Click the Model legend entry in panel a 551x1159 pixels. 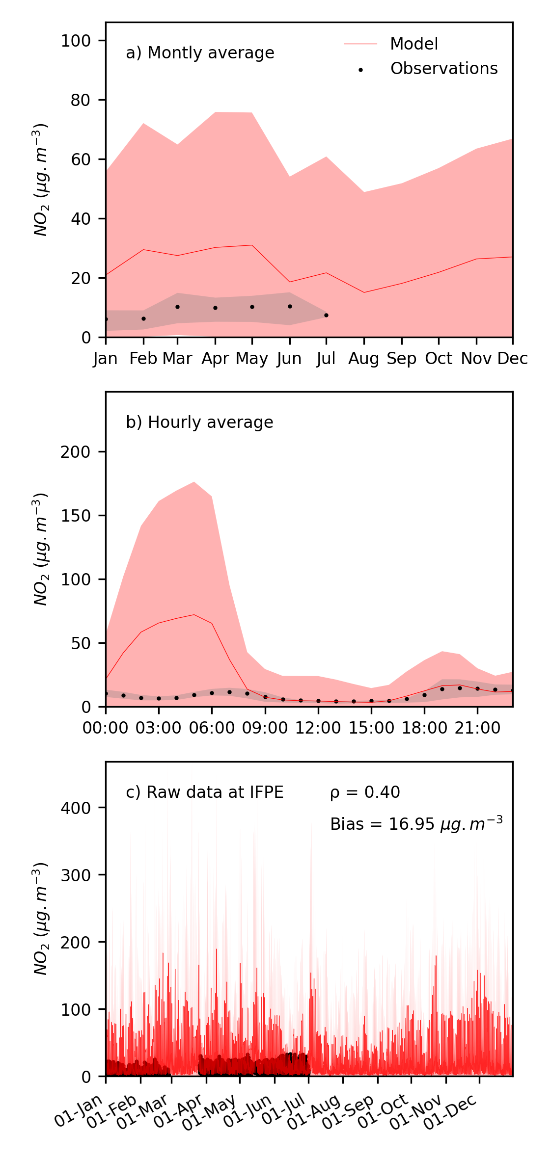point(413,44)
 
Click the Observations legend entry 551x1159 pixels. point(443,69)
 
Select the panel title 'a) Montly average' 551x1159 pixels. point(200,53)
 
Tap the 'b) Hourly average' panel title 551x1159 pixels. point(199,422)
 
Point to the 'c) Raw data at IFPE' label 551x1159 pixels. point(205,792)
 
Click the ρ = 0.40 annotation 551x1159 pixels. point(365,792)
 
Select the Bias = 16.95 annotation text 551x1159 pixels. point(416,824)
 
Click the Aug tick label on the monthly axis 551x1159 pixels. point(363,359)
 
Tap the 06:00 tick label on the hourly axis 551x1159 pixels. point(212,728)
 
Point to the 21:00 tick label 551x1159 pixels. point(477,728)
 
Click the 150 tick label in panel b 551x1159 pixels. point(76,516)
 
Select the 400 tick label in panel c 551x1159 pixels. point(76,808)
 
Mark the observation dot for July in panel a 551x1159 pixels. point(326,315)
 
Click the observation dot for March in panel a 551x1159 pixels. point(177,307)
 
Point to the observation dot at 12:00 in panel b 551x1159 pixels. point(318,701)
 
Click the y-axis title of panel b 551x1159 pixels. point(41,550)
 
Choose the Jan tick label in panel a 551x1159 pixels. point(106,359)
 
